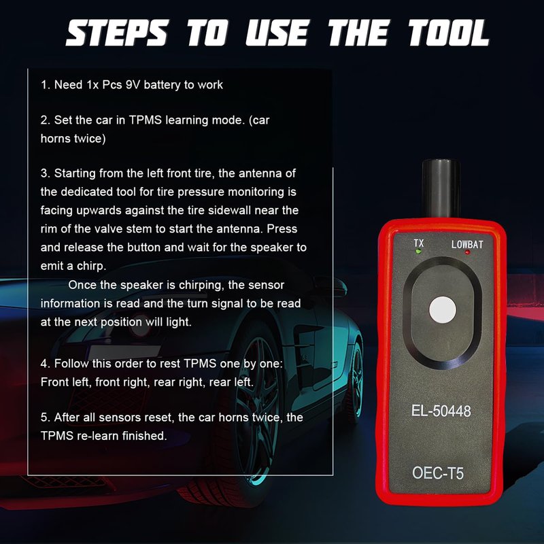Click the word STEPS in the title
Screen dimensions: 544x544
tap(118, 33)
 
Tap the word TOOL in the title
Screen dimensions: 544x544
tap(448, 33)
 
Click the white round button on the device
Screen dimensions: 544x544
tap(443, 310)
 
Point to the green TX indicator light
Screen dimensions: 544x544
tap(418, 252)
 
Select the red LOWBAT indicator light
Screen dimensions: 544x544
tap(467, 252)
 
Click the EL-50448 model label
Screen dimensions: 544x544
tap(441, 411)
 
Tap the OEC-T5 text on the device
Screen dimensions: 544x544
tap(438, 473)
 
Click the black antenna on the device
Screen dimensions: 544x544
tap(441, 188)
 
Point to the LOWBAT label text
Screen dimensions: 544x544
tap(467, 244)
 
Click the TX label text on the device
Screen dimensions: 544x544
tap(419, 243)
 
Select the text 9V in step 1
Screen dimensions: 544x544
tap(133, 84)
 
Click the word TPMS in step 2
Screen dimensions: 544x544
tap(146, 120)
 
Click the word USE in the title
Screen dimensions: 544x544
tap(277, 33)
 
